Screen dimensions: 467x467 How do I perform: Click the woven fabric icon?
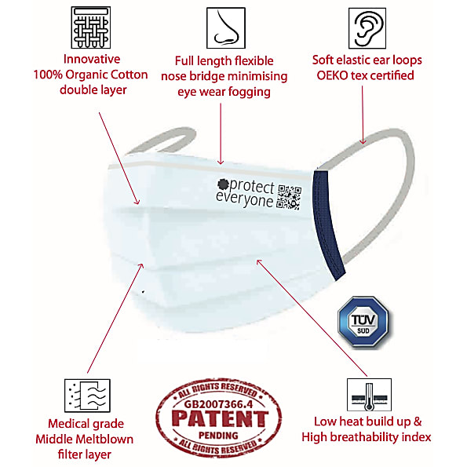91,27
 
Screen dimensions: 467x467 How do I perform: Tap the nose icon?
226,28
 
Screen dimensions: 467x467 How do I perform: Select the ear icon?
367,28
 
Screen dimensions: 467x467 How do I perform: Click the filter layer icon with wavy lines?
87,396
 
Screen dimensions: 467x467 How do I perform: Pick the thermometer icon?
369,395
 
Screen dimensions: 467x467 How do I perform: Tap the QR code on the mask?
289,197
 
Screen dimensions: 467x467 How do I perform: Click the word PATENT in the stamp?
220,419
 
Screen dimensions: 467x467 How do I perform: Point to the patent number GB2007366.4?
219,404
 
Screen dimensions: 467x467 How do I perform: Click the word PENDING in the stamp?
219,436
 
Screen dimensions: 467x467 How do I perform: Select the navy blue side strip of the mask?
329,224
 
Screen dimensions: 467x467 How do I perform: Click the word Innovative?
92,59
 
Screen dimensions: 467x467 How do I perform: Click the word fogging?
250,93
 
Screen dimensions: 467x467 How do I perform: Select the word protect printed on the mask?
252,187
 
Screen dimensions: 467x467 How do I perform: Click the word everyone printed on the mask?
244,199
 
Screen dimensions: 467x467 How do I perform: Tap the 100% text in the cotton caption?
48,75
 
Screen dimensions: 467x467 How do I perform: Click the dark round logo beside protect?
223,184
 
